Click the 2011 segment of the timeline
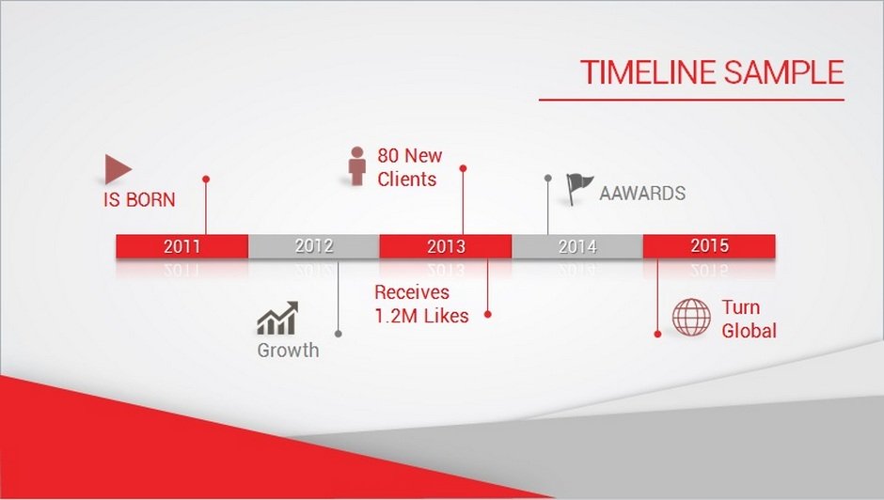pos(182,246)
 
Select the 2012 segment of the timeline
pos(314,246)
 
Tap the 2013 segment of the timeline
pos(446,246)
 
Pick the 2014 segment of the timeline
pos(577,246)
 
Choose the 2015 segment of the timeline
pos(709,246)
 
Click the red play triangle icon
pos(117,169)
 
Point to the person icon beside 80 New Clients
pos(356,165)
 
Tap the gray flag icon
pos(579,188)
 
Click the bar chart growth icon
pos(277,318)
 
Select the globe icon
pos(691,318)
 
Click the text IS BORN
pos(139,199)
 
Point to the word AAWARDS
pos(642,194)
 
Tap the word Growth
pos(288,350)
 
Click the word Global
pos(749,330)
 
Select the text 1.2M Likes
pos(421,316)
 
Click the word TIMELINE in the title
pos(648,72)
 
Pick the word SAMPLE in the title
pos(783,72)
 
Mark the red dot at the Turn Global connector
pos(657,334)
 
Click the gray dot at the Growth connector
pos(339,334)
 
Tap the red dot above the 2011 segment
pos(206,179)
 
